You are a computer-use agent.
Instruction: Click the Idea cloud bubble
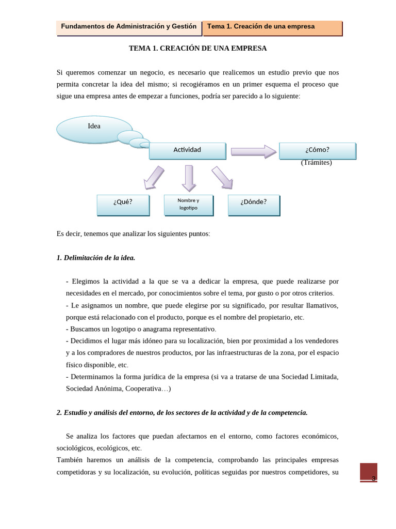pyautogui.click(x=94, y=129)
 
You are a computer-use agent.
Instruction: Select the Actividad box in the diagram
pyautogui.click(x=187, y=150)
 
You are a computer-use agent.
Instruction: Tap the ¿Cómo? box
pyautogui.click(x=317, y=150)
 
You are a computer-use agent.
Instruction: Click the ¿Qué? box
pyautogui.click(x=123, y=205)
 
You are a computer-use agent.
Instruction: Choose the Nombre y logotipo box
pyautogui.click(x=188, y=205)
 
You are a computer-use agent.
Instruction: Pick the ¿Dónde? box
pyautogui.click(x=254, y=205)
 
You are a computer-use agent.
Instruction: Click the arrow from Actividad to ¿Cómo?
pyautogui.click(x=253, y=151)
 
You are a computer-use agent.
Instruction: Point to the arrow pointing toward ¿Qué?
pyautogui.click(x=153, y=178)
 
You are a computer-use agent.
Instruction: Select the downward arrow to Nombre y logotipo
pyautogui.click(x=189, y=178)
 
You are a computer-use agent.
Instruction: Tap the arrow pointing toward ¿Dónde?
pyautogui.click(x=223, y=178)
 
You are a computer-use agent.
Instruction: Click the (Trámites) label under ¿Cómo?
pyautogui.click(x=316, y=163)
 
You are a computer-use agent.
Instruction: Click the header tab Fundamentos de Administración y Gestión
pyautogui.click(x=129, y=27)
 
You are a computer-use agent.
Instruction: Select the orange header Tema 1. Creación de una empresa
pyautogui.click(x=272, y=27)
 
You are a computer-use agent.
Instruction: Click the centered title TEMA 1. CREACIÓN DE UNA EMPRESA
pyautogui.click(x=197, y=48)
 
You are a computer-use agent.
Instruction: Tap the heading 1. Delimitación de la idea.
pyautogui.click(x=96, y=258)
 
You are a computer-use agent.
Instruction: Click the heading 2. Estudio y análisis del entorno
pyautogui.click(x=182, y=412)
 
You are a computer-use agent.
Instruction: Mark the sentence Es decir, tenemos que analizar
pyautogui.click(x=133, y=234)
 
